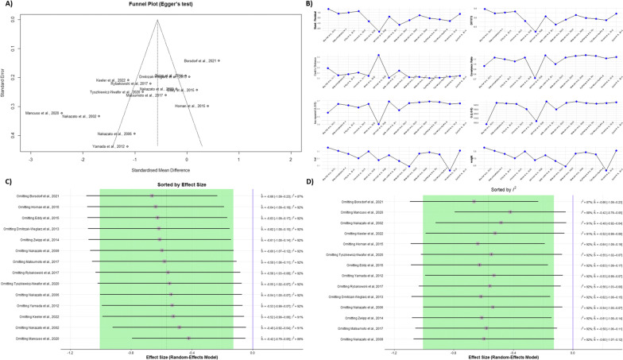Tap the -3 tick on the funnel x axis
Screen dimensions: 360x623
pyautogui.click(x=31, y=160)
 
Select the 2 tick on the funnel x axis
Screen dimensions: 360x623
pyautogui.click(x=291, y=160)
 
